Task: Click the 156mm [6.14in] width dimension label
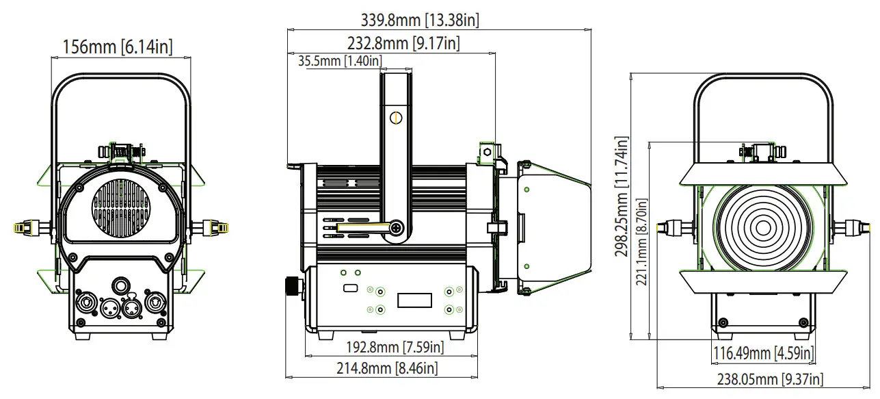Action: pos(117,47)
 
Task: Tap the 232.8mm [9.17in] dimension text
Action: pos(403,43)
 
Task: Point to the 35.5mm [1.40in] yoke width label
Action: pos(340,61)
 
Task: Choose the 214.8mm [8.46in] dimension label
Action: pos(386,368)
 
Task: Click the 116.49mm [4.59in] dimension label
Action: pos(763,353)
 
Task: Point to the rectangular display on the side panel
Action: pos(414,300)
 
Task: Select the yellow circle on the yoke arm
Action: pos(395,118)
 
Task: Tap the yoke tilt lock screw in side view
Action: pos(396,227)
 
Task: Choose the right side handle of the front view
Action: pos(856,227)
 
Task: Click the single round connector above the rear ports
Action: pos(122,285)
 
